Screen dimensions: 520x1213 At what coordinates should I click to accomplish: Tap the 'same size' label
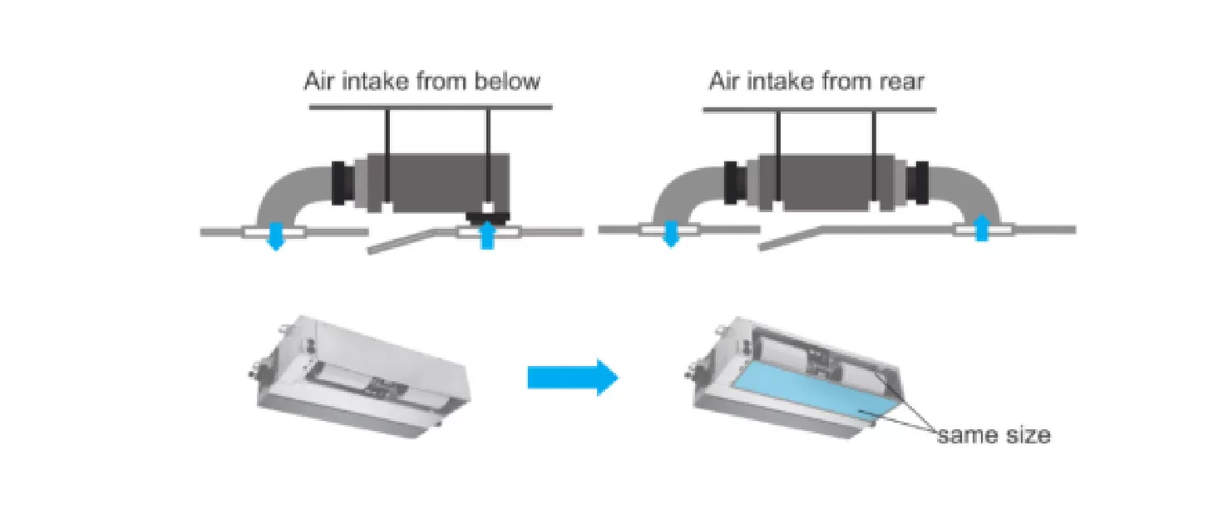tap(994, 434)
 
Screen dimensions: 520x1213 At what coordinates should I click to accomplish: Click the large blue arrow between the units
tap(573, 379)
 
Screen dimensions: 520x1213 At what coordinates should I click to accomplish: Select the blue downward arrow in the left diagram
tap(275, 238)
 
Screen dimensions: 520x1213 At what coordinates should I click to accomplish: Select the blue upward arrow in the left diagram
tap(488, 238)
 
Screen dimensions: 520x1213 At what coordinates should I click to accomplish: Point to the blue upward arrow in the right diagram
tap(982, 227)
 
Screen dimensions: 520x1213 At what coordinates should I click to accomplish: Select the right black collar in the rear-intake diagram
tap(919, 183)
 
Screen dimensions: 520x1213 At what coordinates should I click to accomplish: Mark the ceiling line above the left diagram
tap(430, 106)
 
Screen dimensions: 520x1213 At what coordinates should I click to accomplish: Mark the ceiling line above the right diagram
tap(819, 109)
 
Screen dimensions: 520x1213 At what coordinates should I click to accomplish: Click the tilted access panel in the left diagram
tap(412, 242)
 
